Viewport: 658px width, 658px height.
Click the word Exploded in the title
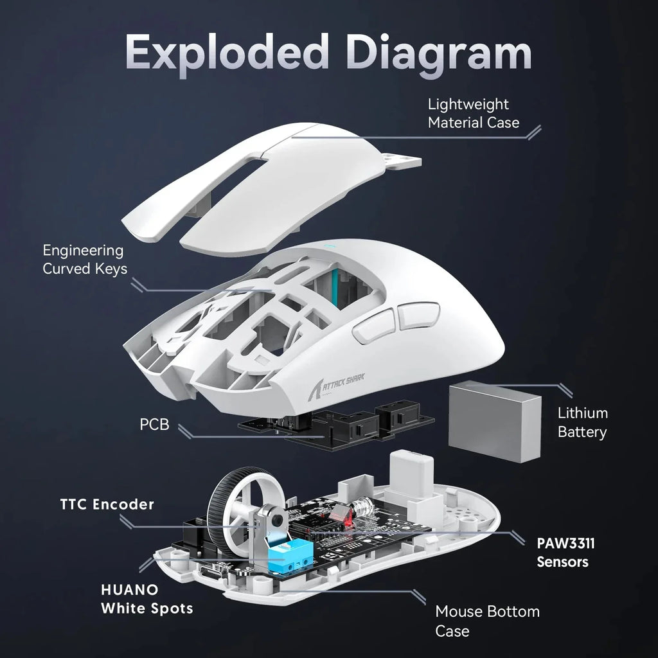(229, 54)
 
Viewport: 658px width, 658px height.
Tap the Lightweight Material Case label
(473, 113)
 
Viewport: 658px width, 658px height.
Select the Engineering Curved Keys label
(84, 260)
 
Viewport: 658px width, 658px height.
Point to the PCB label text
(154, 425)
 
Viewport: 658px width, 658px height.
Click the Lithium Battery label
(582, 422)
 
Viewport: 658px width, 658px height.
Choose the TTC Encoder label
(107, 504)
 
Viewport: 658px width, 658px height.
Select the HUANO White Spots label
(147, 598)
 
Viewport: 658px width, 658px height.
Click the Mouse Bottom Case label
(487, 621)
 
